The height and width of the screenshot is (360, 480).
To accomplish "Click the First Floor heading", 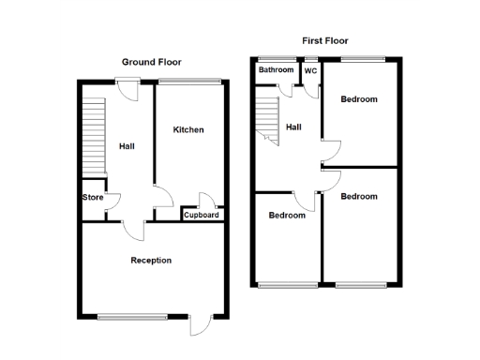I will pos(325,40).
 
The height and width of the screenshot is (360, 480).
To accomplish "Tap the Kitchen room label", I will pos(187,129).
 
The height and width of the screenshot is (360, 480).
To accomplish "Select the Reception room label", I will pos(151,260).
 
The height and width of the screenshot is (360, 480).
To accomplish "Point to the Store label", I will pos(93,197).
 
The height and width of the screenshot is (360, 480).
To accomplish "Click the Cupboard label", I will pos(202,216).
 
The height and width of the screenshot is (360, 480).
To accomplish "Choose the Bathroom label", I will pos(276,70).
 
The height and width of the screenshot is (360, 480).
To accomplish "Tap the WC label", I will pos(310,70).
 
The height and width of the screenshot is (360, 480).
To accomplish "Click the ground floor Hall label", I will pos(127,145).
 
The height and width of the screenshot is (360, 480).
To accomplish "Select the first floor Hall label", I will pos(293,127).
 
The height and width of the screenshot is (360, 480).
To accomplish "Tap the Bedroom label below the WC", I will pos(359,99).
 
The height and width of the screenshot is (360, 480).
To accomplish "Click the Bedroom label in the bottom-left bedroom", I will pos(287,215).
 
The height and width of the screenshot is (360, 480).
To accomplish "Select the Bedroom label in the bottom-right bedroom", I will pos(359,197).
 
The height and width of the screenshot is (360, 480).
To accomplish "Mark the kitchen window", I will pos(189,82).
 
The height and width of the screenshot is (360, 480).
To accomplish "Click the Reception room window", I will pos(132,316).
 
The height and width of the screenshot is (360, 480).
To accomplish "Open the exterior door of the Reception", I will pos(199,324).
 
